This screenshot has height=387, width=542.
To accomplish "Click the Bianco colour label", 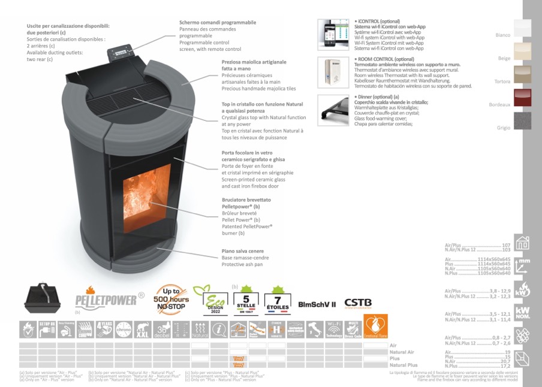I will [503, 35].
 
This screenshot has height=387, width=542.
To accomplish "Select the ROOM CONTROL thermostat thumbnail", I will [333, 71].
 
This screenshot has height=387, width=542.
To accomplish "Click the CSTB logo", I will [358, 303].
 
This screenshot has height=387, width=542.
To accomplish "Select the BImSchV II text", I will [317, 304].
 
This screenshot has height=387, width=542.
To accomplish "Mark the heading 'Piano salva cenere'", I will [242, 251].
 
